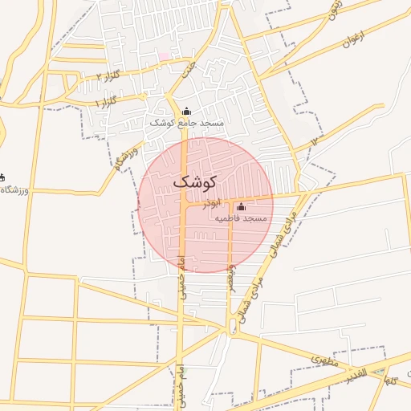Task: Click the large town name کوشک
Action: point(195,181)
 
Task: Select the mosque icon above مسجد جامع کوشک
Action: point(187,112)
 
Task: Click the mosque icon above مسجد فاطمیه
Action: point(241,207)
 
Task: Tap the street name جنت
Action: point(189,71)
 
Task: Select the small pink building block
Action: point(164,56)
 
